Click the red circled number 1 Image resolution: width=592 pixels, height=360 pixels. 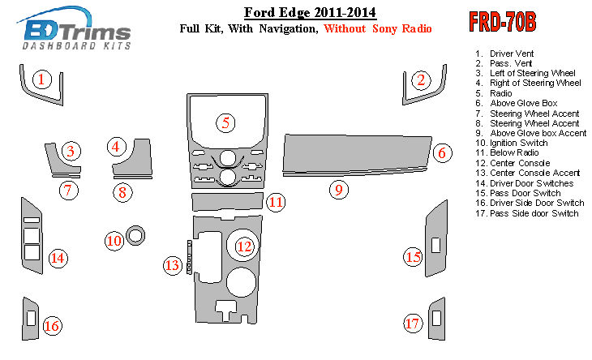click(42, 79)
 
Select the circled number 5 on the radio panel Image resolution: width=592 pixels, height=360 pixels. click(226, 123)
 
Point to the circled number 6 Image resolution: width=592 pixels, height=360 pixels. click(441, 152)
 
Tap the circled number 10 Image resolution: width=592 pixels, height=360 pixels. click(114, 240)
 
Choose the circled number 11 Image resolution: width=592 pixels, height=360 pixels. click(277, 201)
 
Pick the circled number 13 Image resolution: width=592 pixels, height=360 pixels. click(173, 264)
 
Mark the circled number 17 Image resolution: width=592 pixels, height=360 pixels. click(413, 324)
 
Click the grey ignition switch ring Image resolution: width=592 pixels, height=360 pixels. click(135, 236)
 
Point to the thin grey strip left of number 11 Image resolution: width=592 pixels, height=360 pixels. click(226, 200)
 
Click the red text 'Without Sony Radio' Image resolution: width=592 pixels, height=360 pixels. click(377, 29)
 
